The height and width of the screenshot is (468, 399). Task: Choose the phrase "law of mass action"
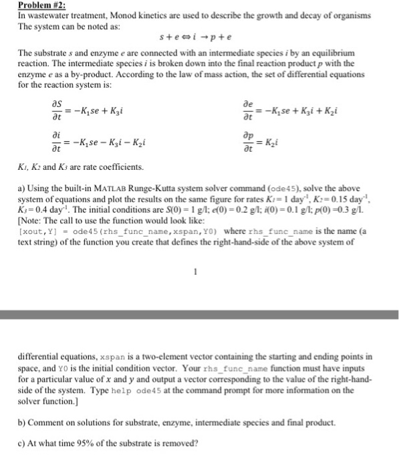(x=179, y=76)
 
